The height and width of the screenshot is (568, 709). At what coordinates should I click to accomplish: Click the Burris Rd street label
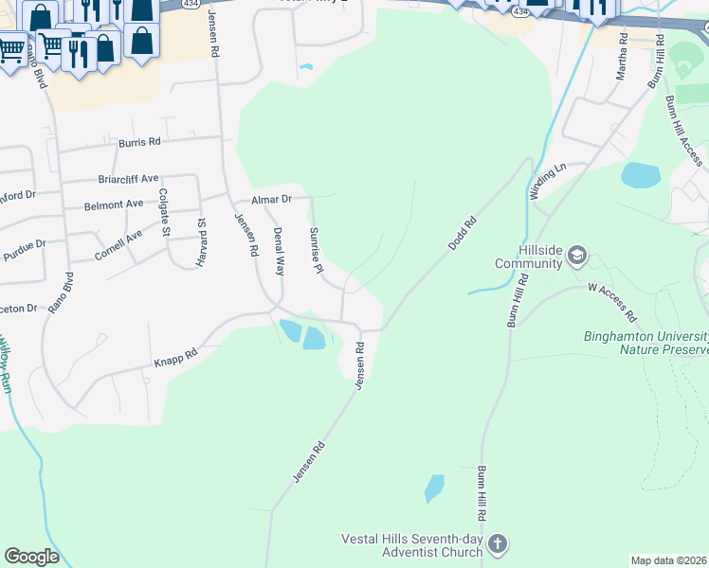click(x=139, y=142)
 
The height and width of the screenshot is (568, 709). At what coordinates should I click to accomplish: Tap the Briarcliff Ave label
click(x=128, y=178)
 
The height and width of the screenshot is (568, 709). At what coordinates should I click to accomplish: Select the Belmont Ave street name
click(x=114, y=204)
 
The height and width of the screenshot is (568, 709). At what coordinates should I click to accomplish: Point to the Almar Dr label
click(x=270, y=200)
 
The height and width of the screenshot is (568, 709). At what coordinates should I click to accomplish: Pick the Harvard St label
click(x=201, y=242)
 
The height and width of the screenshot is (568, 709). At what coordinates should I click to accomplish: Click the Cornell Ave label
click(x=118, y=246)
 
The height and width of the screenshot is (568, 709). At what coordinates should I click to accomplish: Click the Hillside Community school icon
click(x=577, y=255)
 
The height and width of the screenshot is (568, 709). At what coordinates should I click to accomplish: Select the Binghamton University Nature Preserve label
click(x=646, y=343)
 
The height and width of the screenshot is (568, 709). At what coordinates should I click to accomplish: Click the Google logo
click(x=32, y=557)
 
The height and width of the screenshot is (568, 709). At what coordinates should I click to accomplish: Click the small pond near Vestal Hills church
click(x=434, y=488)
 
